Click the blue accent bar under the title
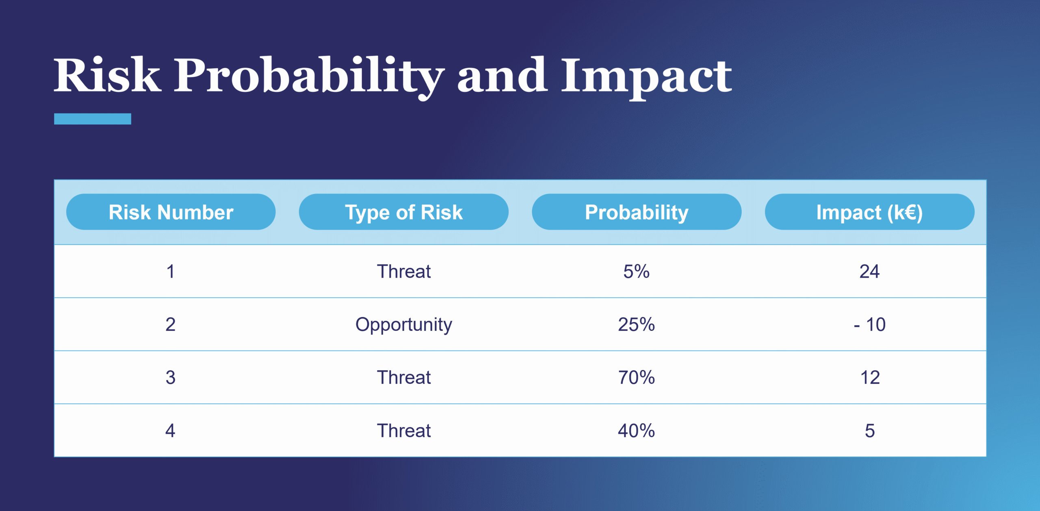[x=93, y=119]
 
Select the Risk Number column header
[x=171, y=212]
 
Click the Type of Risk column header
[x=403, y=212]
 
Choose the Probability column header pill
[x=636, y=212]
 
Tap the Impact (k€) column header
[x=869, y=212]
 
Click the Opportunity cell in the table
[x=403, y=324]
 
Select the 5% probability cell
[x=636, y=271]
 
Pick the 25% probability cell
[x=636, y=324]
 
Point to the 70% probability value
[x=636, y=377]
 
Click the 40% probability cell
[x=636, y=431]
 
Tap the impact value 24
[x=869, y=271]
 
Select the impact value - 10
[x=869, y=324]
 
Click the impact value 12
[x=870, y=377]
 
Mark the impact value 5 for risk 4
[x=869, y=431]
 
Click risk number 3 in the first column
[x=170, y=377]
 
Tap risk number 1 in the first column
[x=170, y=271]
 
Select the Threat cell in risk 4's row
[x=403, y=431]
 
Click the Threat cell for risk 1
[x=403, y=271]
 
